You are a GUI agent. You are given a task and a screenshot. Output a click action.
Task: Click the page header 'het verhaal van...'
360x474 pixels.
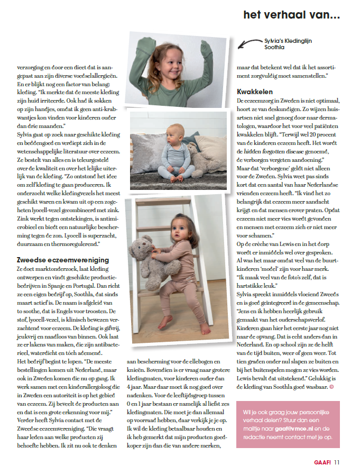tap(291, 15)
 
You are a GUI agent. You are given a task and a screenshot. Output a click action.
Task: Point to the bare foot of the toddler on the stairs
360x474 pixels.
tap(166, 322)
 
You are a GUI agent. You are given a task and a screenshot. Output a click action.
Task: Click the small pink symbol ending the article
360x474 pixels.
tap(331, 387)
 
